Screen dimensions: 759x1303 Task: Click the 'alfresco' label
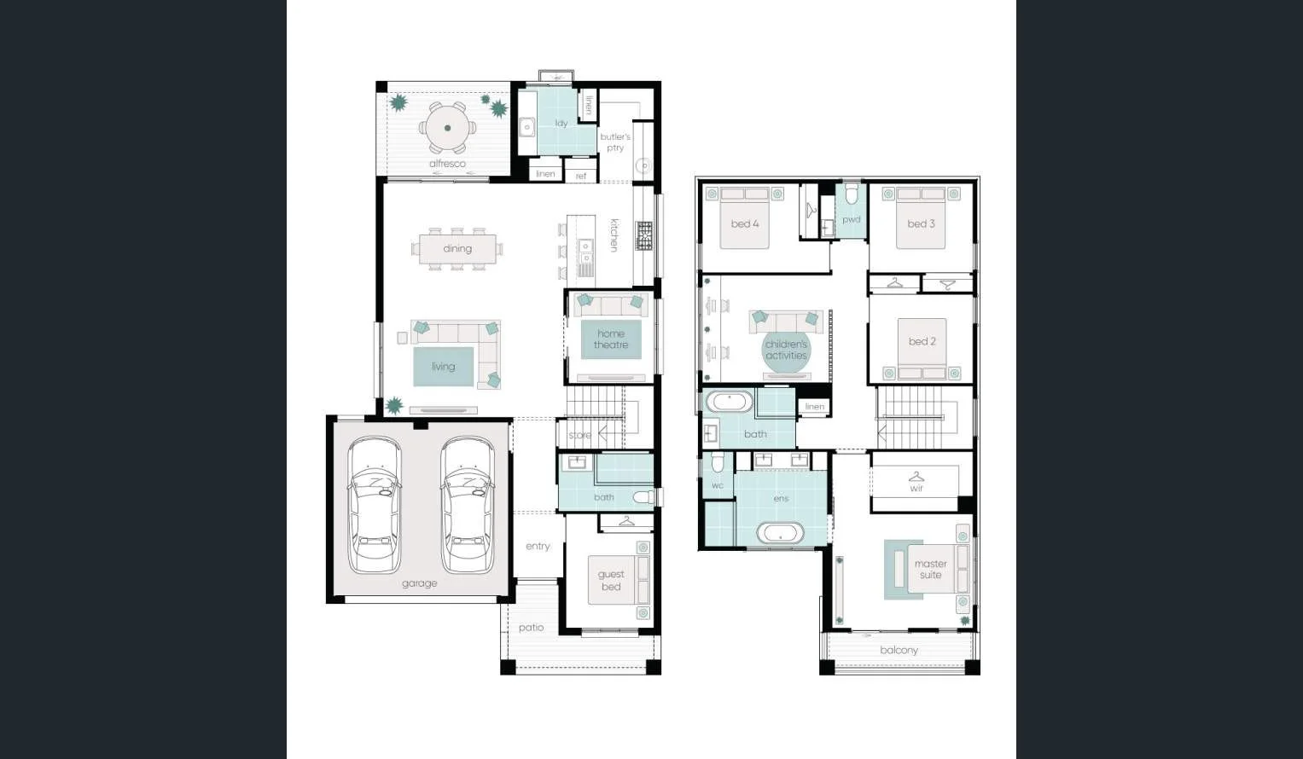(x=447, y=164)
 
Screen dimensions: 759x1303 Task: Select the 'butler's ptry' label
(x=615, y=142)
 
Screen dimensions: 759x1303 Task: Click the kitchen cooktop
(x=644, y=236)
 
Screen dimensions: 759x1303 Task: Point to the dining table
(x=457, y=249)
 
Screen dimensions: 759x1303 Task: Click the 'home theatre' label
(x=611, y=339)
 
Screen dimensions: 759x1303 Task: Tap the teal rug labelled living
(x=444, y=367)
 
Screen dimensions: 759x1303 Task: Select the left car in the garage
(x=374, y=505)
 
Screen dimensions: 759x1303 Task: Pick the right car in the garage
(x=467, y=505)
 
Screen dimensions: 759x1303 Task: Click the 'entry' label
(x=538, y=547)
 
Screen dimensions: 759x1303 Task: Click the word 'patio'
(x=531, y=628)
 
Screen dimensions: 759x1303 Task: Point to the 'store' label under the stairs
(x=579, y=435)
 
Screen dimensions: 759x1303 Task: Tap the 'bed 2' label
(x=922, y=341)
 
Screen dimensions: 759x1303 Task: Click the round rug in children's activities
(x=786, y=351)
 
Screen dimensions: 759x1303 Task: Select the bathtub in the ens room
(x=780, y=534)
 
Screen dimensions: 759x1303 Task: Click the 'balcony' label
(x=899, y=651)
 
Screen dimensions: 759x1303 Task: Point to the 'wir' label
(x=916, y=489)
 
